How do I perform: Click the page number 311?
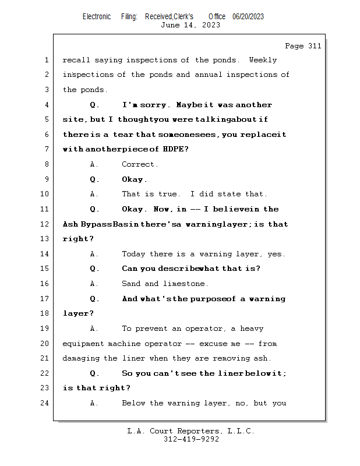pyautogui.click(x=315, y=46)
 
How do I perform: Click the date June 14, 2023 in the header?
pyautogui.click(x=190, y=24)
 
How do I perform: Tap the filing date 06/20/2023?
pyautogui.click(x=248, y=16)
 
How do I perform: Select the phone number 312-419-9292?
pyautogui.click(x=191, y=439)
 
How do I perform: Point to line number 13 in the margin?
pyautogui.click(x=45, y=239)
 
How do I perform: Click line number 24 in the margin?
pyautogui.click(x=45, y=403)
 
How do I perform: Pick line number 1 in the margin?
pyautogui.click(x=46, y=60)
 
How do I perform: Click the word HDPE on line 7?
pyautogui.click(x=175, y=150)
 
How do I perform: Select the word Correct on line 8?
pyautogui.click(x=140, y=164)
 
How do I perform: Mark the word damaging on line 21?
pyautogui.click(x=82, y=358)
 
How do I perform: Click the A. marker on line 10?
pyautogui.click(x=94, y=194)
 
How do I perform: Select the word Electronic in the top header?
pyautogui.click(x=97, y=16)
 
